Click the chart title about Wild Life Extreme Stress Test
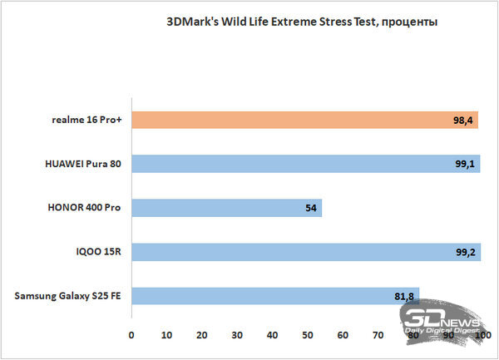pos(302,22)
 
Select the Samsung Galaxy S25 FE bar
pos(274,295)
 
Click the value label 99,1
pos(464,165)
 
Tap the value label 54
pos(311,208)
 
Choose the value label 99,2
pos(466,251)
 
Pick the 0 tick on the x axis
pos(131,335)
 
